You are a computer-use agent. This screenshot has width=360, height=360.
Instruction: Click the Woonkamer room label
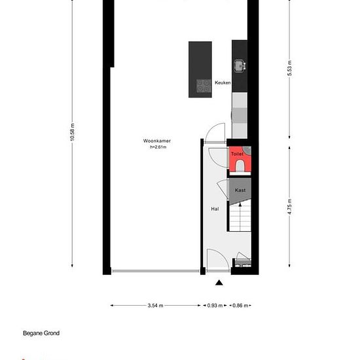157,141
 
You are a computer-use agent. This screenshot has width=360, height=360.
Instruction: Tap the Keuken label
223,83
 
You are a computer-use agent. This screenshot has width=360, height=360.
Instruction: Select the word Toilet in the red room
237,153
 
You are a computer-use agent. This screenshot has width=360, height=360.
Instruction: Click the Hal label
214,209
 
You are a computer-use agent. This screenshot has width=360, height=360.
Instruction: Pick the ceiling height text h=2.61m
158,147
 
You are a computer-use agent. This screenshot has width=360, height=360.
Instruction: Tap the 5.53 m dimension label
289,68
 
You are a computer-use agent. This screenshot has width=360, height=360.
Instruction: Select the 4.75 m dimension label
289,215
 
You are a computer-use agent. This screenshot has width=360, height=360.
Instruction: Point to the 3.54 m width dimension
155,305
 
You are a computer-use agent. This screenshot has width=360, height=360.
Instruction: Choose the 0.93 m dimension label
214,305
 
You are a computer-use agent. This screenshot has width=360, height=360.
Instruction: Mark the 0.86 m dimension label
241,305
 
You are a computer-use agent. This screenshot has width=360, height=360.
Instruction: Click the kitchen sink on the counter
239,64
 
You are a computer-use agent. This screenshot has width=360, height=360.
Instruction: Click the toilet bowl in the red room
239,167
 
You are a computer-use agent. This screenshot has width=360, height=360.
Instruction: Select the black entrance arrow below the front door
219,282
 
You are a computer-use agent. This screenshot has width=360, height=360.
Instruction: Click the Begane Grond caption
41,333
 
